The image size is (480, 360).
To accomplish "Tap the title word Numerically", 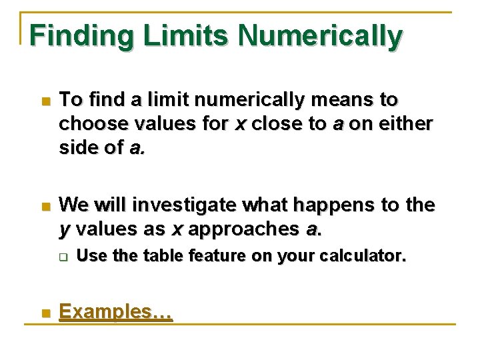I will point(320,36).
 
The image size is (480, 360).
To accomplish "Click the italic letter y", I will point(64,231).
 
